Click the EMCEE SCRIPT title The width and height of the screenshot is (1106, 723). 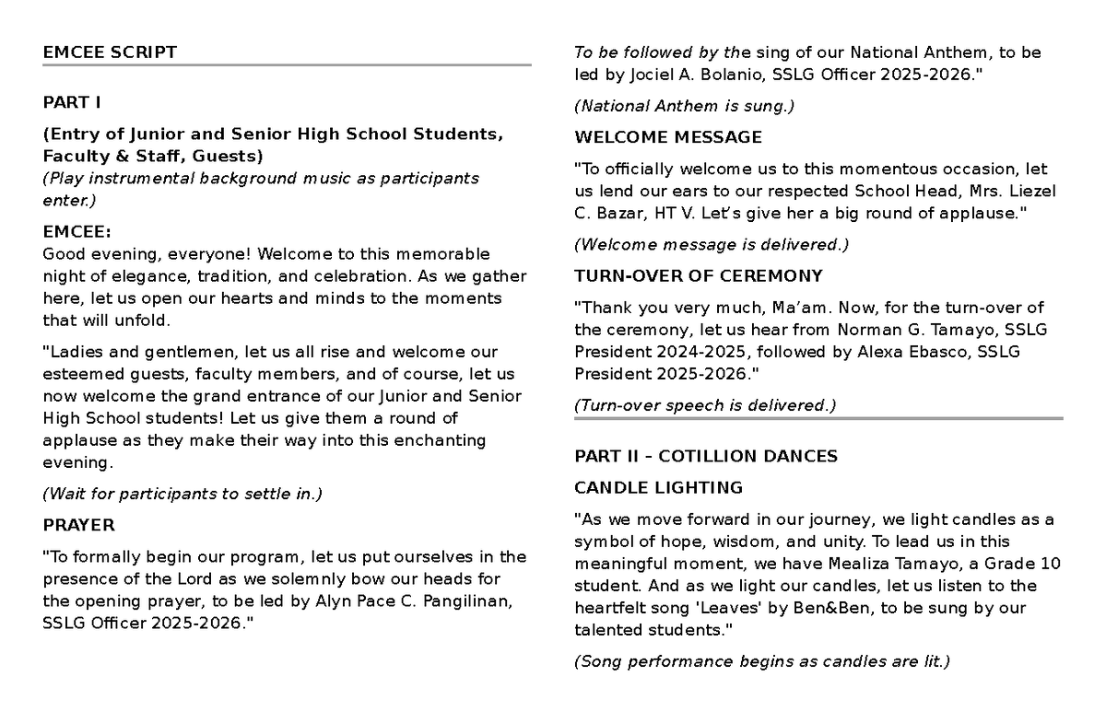point(110,52)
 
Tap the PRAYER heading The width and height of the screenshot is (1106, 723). point(78,525)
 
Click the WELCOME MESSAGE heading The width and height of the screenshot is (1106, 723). point(668,137)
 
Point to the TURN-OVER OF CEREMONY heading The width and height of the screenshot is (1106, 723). point(699,275)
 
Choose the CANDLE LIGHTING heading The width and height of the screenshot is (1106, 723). point(658,487)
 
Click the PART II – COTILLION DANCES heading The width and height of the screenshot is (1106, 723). point(706,456)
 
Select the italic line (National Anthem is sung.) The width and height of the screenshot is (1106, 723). point(684,106)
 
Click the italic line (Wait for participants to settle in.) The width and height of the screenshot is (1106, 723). point(183,494)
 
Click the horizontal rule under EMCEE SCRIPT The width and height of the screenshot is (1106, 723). point(287,65)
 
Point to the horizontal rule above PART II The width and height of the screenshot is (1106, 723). point(818,418)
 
